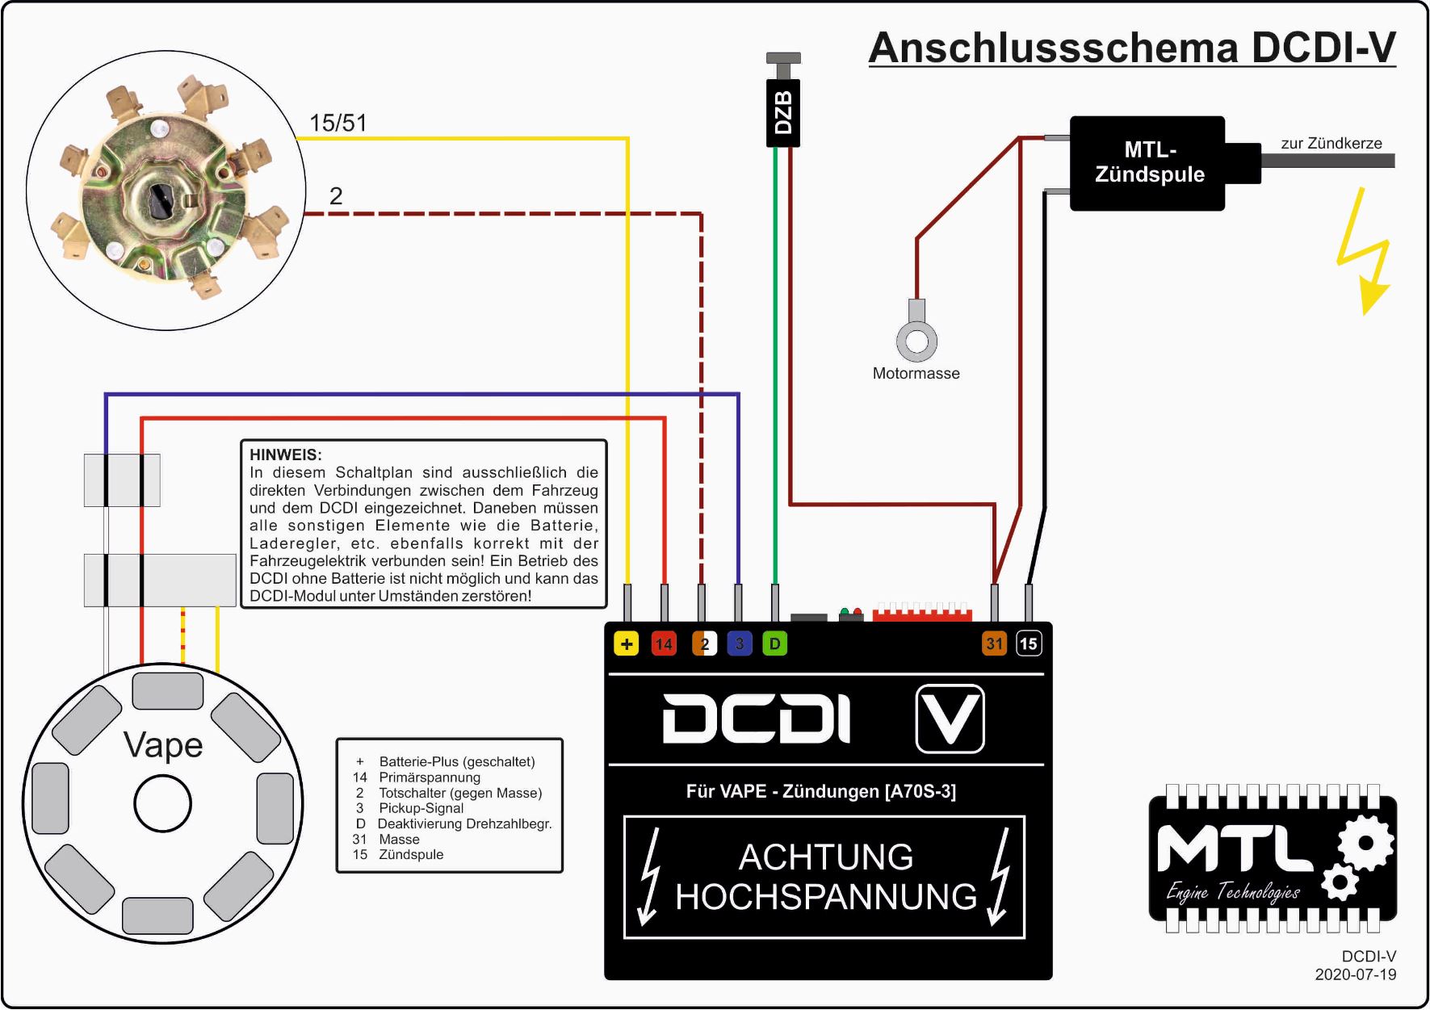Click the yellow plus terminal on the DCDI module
pos(627,643)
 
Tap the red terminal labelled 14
pos(664,643)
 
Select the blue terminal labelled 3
pos(739,643)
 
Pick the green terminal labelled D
pos(774,643)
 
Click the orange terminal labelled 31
pos(994,643)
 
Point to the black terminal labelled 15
pos(1028,643)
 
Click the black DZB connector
pos(782,112)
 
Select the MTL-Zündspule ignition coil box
pos(1147,162)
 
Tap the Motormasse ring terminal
pos(916,339)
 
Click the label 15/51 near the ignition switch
pos(338,123)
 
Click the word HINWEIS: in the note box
pos(286,455)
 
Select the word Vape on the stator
pos(163,745)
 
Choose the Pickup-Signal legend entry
pos(421,808)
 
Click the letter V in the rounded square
pos(950,718)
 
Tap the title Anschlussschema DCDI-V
pos(1132,48)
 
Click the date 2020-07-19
pos(1355,974)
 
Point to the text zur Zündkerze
pos(1331,144)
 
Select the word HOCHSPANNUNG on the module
pos(826,897)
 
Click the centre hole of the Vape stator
pos(162,804)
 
